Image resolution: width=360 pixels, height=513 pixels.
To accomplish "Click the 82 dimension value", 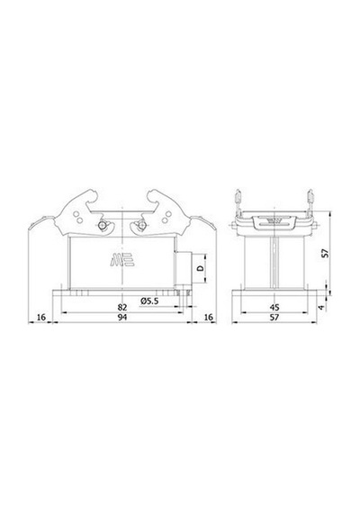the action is pyautogui.click(x=122, y=307).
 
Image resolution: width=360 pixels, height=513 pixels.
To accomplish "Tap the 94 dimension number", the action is pyautogui.click(x=122, y=317).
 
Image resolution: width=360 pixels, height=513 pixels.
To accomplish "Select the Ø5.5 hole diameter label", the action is pyautogui.click(x=149, y=301).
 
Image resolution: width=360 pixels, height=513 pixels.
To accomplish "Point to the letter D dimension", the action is pyautogui.click(x=201, y=268).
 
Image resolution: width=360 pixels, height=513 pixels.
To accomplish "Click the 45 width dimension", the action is pyautogui.click(x=274, y=307).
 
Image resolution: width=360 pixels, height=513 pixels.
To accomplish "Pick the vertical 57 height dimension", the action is pyautogui.click(x=325, y=253).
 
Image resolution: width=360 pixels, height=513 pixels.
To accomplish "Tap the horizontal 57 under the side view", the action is pyautogui.click(x=274, y=317).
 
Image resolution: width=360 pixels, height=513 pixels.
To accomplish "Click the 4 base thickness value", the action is pyautogui.click(x=322, y=308).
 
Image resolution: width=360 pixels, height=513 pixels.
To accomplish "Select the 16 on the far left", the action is pyautogui.click(x=40, y=317).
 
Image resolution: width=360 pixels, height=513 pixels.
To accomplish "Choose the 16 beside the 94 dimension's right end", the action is pyautogui.click(x=208, y=317).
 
